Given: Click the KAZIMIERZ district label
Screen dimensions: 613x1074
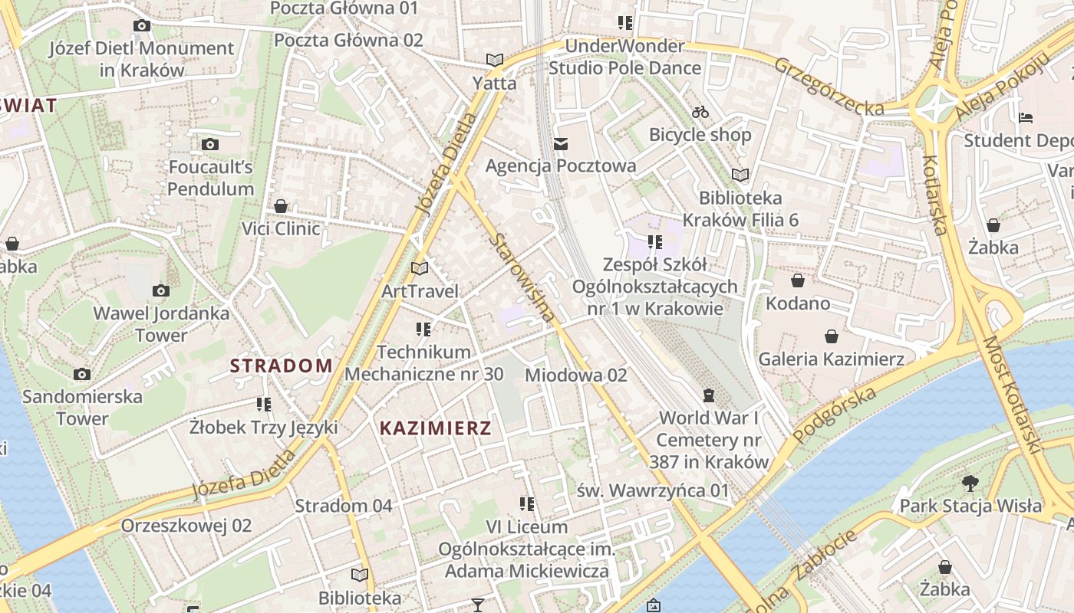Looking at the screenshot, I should [x=435, y=428].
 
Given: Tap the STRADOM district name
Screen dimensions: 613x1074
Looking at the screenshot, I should [x=282, y=366].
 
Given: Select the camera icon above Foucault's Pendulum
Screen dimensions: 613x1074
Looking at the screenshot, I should [x=210, y=144].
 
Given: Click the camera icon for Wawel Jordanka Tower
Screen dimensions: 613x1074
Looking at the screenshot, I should [x=161, y=290].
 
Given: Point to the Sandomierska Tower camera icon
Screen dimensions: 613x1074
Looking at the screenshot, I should [x=82, y=374].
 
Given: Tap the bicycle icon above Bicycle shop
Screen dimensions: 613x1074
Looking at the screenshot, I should [x=700, y=112].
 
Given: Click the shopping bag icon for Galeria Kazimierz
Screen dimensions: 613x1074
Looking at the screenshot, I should [x=831, y=336].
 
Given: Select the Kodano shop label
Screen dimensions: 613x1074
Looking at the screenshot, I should [x=798, y=303].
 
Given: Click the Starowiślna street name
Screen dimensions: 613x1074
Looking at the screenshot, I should [x=522, y=277].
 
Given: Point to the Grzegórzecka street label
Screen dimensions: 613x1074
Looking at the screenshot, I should [x=829, y=87].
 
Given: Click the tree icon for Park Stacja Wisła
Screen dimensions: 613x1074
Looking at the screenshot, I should [x=970, y=483].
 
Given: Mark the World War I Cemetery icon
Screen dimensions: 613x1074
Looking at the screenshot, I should [x=708, y=395].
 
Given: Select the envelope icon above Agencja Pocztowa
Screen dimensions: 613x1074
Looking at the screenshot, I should [x=561, y=143].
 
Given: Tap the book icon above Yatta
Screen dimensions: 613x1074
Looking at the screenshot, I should [x=495, y=60].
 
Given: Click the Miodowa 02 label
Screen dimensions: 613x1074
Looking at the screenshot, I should [x=575, y=375].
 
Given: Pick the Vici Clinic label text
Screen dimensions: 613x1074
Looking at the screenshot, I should [x=281, y=228].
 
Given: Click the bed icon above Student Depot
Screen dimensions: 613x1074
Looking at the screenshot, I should [x=1026, y=118].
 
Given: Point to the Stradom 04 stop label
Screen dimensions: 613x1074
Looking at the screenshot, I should [x=343, y=506].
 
